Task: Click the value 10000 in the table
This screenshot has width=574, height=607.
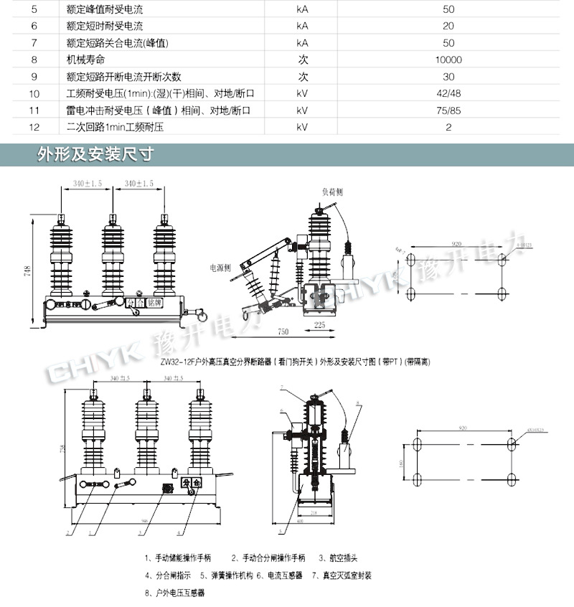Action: click(x=448, y=60)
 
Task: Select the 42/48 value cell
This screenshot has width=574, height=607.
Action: click(x=448, y=94)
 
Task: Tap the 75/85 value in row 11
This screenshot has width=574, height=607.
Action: click(x=448, y=110)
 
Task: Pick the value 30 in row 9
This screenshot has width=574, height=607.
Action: click(x=448, y=77)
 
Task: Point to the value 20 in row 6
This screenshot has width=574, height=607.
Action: click(x=448, y=27)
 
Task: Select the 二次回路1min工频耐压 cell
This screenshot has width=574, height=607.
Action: click(x=115, y=127)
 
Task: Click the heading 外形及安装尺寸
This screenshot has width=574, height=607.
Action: click(x=95, y=154)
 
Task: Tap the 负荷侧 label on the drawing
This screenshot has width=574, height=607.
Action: click(x=332, y=192)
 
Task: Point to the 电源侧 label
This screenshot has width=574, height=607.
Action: click(x=220, y=267)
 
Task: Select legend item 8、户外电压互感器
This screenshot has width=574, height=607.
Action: click(x=175, y=593)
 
